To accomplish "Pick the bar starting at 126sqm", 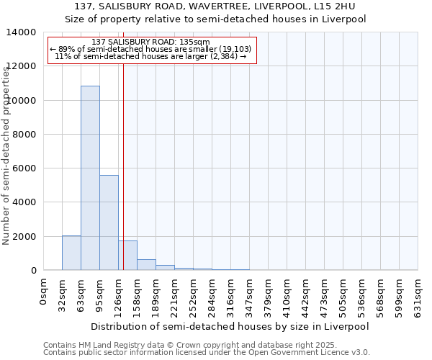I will point(127,256).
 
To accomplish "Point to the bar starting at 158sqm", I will point(146,264).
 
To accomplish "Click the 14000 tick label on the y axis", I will point(22,32).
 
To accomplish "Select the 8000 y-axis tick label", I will point(25,135).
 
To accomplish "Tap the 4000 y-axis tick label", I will point(25,202).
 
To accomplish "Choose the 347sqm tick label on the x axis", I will point(250,295).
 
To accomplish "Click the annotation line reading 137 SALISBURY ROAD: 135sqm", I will point(151,42).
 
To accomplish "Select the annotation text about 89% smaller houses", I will point(150,49).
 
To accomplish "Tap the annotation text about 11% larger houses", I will point(150,56).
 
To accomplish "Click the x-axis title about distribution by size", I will point(230,326).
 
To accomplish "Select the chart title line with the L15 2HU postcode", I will point(215,6).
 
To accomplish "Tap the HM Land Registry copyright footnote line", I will point(195,345).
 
